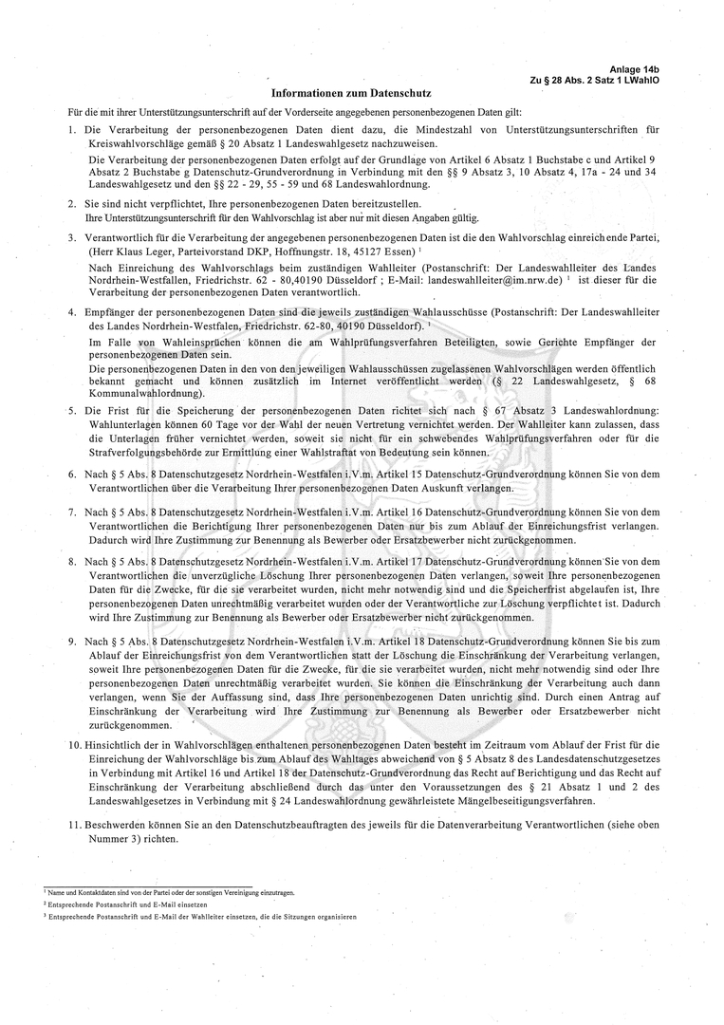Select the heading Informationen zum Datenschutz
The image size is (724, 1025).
tap(351, 94)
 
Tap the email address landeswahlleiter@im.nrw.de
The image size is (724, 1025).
tap(494, 281)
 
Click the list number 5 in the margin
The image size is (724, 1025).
tap(72, 410)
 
